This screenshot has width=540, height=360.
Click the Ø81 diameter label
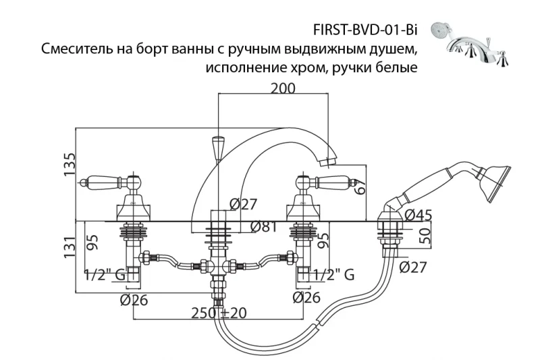coord(264,227)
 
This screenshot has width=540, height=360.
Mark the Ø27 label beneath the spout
coord(243,203)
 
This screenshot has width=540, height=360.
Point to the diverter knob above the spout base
coord(218,147)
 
